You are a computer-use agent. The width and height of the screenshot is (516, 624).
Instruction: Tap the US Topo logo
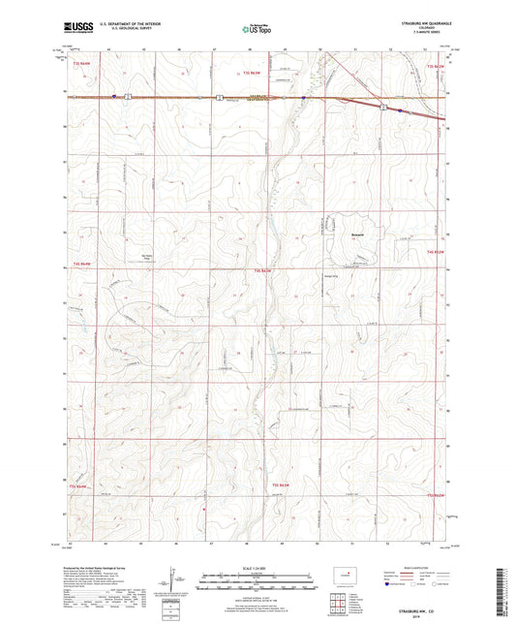(257, 30)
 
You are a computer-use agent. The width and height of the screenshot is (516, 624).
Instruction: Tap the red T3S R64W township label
(253, 73)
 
